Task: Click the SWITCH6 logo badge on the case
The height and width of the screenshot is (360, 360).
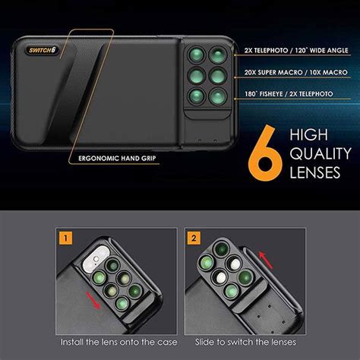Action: click(42, 50)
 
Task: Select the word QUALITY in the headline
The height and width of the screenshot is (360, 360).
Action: click(321, 153)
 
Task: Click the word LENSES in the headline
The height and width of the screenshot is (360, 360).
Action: click(315, 172)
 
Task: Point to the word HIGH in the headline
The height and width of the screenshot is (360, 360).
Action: click(309, 134)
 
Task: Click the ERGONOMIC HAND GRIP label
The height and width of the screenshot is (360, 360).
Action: click(117, 159)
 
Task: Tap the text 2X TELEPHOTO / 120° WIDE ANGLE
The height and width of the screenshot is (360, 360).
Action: click(296, 50)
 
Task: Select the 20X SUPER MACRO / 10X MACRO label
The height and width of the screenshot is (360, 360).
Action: click(295, 72)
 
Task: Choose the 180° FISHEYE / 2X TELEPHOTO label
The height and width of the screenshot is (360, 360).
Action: click(289, 94)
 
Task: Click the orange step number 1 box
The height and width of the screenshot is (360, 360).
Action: click(65, 238)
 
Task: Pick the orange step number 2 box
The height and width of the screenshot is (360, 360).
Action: click(194, 238)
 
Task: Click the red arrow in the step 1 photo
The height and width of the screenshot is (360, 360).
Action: click(93, 300)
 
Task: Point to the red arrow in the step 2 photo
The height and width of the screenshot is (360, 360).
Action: click(266, 261)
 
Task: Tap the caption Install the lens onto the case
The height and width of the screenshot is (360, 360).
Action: click(118, 343)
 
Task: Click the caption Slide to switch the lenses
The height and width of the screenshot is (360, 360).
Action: click(245, 343)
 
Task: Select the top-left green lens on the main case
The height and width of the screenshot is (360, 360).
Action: click(197, 55)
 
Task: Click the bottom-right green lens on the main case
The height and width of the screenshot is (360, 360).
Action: click(218, 97)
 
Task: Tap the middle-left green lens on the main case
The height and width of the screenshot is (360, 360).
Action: click(197, 76)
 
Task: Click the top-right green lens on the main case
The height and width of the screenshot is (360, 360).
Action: click(218, 55)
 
